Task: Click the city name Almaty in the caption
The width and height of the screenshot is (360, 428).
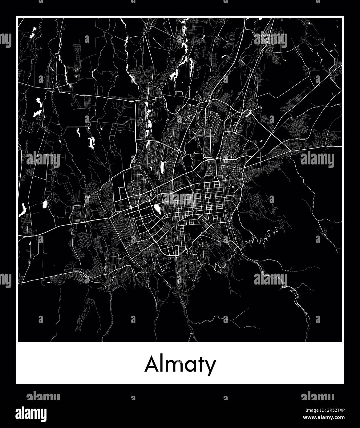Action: pyautogui.click(x=180, y=365)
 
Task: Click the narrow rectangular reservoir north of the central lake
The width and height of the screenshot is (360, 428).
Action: pyautogui.click(x=162, y=168)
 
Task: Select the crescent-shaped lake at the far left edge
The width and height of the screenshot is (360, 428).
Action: pyautogui.click(x=22, y=210)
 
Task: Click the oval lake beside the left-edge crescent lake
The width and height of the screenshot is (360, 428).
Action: pyautogui.click(x=45, y=204)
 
